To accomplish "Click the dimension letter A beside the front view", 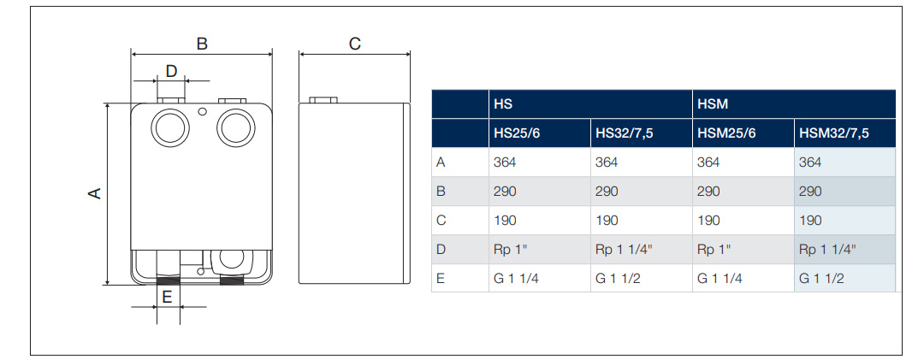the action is tap(95, 193).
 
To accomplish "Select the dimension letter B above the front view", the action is tap(202, 44).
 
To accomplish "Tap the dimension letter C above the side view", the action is tap(355, 44).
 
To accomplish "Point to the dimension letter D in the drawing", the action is tap(171, 71).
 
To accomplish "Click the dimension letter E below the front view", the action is tap(167, 297).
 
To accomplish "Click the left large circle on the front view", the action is tap(151, 128).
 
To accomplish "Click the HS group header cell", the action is tap(590, 104).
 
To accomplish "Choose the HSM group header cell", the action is tap(794, 104).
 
